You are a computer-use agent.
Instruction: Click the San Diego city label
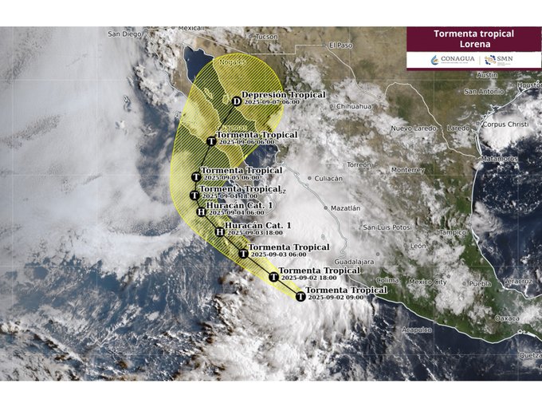pos(124,34)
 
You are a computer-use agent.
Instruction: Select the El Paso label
pos(340,45)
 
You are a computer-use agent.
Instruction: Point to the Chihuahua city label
pos(355,106)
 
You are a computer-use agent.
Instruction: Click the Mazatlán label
pos(344,207)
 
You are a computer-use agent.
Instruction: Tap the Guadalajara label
pos(354,261)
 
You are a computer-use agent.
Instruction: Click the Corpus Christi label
pos(505,124)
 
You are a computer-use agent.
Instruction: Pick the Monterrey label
pos(408,170)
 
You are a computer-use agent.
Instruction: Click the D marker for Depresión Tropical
pos(237,101)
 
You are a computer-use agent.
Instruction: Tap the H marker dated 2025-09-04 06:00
pos(201,211)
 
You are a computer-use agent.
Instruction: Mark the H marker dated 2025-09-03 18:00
pos(220,231)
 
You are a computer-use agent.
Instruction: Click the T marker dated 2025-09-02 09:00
pos(300,296)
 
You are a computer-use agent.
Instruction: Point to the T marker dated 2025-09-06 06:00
pos(211,141)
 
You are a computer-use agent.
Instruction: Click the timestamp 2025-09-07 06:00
pos(272,102)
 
